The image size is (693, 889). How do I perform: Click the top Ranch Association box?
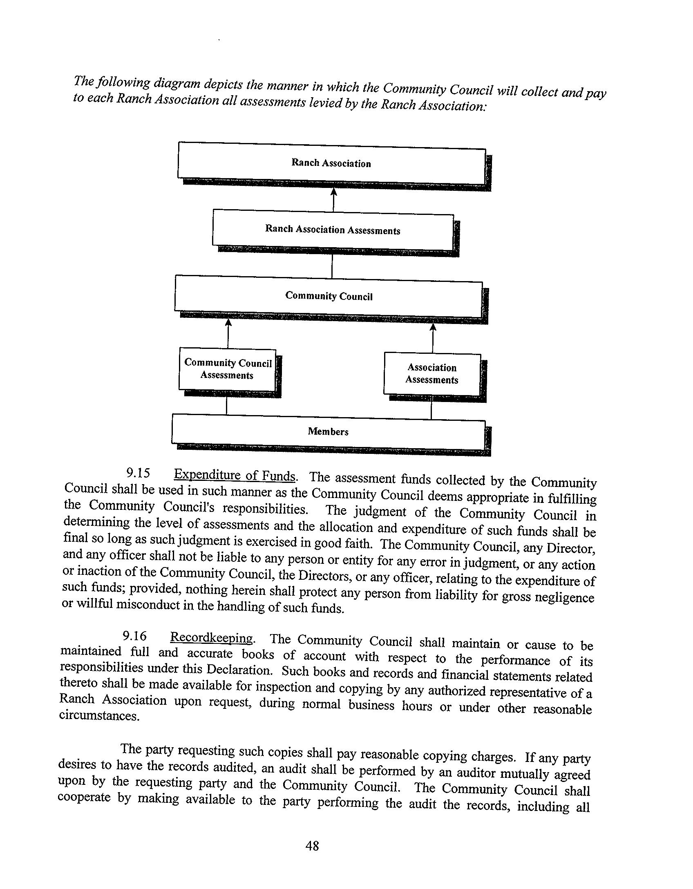coord(331,163)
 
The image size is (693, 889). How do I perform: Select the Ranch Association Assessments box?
coord(333,230)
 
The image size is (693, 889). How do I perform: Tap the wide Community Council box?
coord(329,296)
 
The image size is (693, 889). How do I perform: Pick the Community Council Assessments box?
coord(228,369)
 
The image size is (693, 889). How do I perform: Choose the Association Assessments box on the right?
coord(432,374)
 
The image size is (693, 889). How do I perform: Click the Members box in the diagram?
coord(328,431)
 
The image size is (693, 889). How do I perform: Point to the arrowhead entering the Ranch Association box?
coord(334,192)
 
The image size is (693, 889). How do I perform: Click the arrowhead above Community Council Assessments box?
coord(228,323)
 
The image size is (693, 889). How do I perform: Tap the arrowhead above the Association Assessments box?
coord(433,327)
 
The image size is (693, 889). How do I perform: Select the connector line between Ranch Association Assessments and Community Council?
coord(332,266)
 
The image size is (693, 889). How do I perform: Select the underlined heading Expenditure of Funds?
coord(235,476)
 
